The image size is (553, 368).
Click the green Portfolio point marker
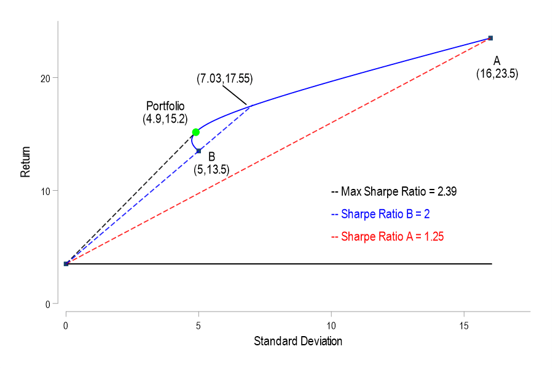195,132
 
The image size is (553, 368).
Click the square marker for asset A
490,38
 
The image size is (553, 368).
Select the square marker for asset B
198,151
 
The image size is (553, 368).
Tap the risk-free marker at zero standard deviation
66,264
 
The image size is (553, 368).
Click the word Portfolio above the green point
165,106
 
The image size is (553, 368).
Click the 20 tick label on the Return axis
45,78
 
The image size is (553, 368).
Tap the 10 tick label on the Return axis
45,191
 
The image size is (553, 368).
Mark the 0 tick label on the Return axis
48,304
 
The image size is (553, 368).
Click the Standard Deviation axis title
298,341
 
